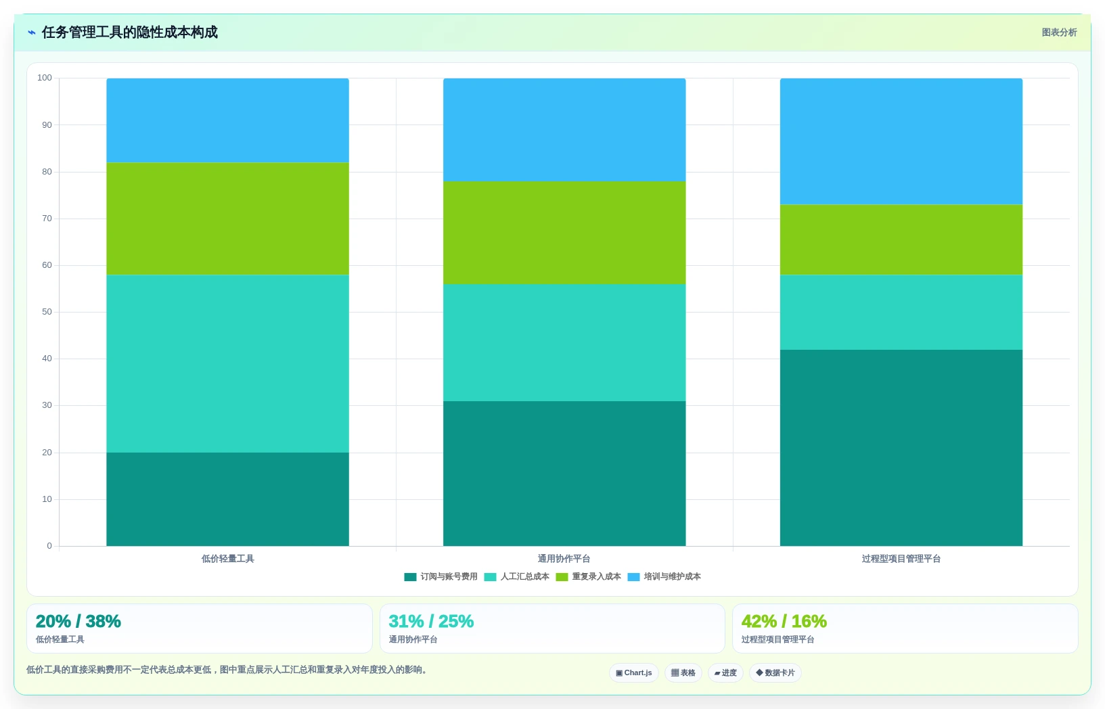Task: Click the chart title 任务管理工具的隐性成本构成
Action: [129, 32]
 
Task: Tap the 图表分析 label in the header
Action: [1059, 32]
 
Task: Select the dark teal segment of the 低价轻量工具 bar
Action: [227, 499]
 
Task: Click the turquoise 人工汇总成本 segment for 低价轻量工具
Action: [227, 364]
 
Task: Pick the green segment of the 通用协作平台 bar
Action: [564, 233]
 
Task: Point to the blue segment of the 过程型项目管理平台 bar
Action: [901, 141]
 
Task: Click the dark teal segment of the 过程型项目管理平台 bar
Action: [901, 448]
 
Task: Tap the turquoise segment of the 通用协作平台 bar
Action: [564, 343]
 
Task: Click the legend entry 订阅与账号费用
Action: [441, 577]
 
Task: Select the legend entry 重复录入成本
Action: [588, 577]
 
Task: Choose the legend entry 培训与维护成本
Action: [664, 577]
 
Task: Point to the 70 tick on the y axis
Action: [47, 219]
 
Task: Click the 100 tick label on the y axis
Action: [45, 78]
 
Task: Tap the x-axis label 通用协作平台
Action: [564, 559]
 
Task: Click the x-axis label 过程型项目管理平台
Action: [901, 559]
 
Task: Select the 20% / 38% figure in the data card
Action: [78, 621]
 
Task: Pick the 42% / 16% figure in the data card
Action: [784, 621]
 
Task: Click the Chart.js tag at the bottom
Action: [634, 673]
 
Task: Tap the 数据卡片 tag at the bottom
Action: [775, 673]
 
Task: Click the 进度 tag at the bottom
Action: [725, 673]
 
